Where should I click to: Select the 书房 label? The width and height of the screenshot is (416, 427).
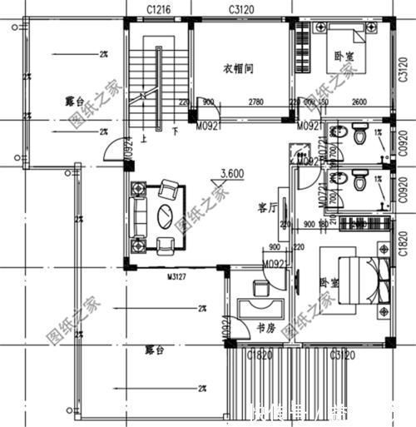(x=265, y=327)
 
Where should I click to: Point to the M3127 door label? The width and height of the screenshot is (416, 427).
(x=176, y=276)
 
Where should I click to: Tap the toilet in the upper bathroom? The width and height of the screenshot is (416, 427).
(x=359, y=134)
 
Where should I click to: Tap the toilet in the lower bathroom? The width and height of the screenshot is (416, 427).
(x=359, y=179)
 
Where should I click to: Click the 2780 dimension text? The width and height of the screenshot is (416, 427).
(x=255, y=102)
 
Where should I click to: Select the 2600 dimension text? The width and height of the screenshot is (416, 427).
(x=359, y=102)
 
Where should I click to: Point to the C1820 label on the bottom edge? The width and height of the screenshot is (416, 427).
(x=260, y=355)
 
